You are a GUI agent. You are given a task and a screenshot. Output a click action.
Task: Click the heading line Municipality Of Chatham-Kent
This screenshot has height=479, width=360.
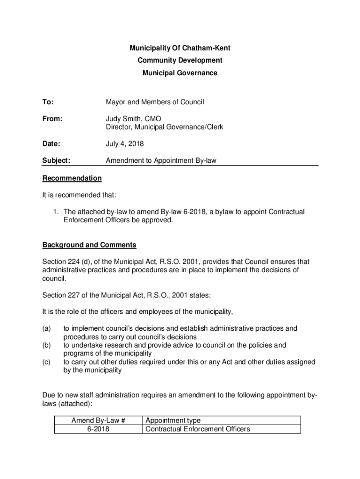180,48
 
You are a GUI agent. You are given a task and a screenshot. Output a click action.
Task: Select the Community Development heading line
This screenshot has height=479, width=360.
180,60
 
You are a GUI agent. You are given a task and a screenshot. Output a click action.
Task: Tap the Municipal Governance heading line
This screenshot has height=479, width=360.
180,73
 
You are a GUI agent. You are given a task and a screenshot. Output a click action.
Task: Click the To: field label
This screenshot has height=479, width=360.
48,102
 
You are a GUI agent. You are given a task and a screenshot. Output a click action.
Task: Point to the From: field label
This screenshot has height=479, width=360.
52,119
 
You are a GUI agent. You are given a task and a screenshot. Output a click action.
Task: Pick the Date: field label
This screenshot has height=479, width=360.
51,144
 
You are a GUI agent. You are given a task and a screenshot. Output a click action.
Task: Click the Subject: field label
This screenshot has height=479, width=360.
56,161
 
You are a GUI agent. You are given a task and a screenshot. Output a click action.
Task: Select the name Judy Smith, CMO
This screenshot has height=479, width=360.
133,119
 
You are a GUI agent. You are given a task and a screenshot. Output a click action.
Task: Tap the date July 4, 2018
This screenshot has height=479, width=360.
125,144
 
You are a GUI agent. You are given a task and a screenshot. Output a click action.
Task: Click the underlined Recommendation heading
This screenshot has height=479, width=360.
72,178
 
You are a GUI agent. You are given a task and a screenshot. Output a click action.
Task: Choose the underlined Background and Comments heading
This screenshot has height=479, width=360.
89,245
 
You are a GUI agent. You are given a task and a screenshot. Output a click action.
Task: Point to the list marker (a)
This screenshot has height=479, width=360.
47,329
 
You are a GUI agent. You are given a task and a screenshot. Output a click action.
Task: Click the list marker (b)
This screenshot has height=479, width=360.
47,345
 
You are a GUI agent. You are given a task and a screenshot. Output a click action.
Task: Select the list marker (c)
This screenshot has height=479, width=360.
47,362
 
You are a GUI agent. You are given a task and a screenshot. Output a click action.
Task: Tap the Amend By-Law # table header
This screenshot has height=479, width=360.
98,421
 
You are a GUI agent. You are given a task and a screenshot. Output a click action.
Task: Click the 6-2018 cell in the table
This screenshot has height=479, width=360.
98,429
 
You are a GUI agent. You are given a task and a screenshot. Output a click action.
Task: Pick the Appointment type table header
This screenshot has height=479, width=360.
173,421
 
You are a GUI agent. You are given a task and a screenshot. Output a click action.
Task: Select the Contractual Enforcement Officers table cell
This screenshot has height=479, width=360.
198,429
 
